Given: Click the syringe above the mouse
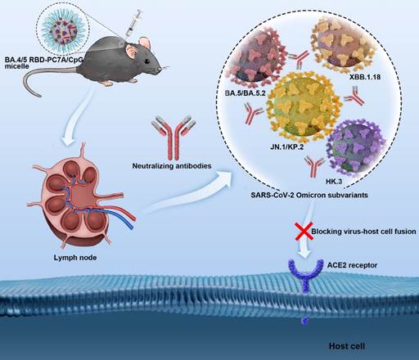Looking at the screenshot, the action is (x=133, y=24).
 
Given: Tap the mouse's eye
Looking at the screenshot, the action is (x=147, y=61).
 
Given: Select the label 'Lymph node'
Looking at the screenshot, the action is (x=75, y=258).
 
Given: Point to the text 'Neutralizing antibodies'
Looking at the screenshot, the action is (x=172, y=166).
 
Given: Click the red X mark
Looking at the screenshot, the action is (x=304, y=231).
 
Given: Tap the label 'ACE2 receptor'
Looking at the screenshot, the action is (x=352, y=265).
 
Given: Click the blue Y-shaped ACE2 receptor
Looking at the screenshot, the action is (x=305, y=276).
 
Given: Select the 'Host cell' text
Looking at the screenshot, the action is (x=347, y=346).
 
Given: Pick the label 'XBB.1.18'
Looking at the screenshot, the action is (x=365, y=77).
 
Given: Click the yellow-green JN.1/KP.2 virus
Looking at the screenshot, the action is (x=302, y=106).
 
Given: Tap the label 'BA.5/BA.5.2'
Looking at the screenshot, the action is (x=245, y=93).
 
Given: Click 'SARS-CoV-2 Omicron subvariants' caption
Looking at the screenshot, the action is (x=309, y=196).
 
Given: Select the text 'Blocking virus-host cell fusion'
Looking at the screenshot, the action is (x=363, y=232).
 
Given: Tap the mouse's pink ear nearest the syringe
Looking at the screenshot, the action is (x=145, y=43).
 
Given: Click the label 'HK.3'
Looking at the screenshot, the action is (x=334, y=182).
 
